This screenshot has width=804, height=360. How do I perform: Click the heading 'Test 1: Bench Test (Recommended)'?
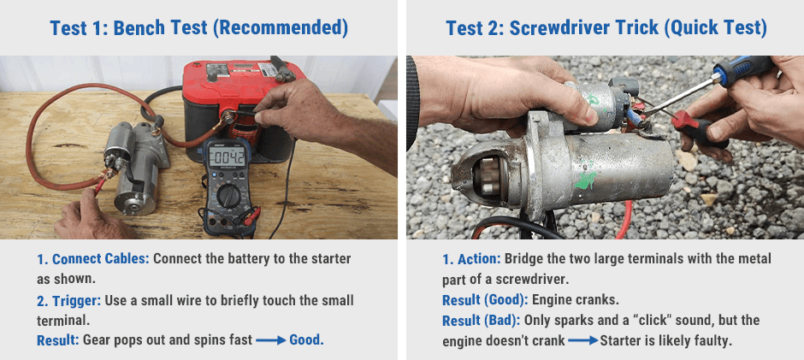point(198,27)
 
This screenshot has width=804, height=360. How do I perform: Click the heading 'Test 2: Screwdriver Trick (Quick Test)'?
point(606,27)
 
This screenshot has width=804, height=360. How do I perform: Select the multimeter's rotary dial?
point(229,196)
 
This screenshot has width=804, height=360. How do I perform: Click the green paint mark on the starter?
point(584,179)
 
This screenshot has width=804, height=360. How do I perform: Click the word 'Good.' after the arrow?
point(307,339)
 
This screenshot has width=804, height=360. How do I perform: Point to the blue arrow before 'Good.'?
point(270,340)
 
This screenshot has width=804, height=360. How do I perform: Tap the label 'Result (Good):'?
point(484,300)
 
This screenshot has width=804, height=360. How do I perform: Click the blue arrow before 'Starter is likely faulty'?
point(582,341)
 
